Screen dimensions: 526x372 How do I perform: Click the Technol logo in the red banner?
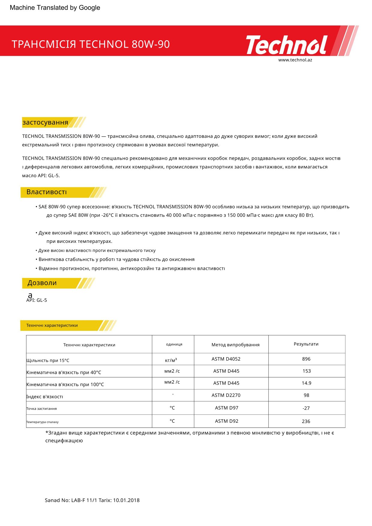[287, 45]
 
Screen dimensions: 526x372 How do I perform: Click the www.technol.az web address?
[295, 60]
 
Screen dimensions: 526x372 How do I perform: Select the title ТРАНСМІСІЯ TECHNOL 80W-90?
[91, 44]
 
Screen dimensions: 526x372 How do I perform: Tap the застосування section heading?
[45, 122]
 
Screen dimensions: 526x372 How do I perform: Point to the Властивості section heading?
[47, 192]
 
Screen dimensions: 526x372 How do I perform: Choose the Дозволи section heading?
[42, 283]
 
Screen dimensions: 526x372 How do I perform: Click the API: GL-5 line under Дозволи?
[37, 300]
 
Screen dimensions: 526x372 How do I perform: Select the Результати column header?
[306, 344]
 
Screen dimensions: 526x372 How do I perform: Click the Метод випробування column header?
[235, 345]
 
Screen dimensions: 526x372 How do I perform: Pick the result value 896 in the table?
[306, 359]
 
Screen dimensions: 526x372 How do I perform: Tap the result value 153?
[307, 371]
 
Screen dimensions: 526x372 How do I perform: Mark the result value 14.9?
[306, 383]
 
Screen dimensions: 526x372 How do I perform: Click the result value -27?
[306, 408]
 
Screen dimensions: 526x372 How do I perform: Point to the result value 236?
[306, 422]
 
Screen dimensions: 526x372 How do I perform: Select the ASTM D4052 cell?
[226, 359]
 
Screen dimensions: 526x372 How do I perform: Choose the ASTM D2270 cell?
[226, 395]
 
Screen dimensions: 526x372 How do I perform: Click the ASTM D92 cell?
[226, 421]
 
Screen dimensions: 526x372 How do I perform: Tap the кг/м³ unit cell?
[171, 360]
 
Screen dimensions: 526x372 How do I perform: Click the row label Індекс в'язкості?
[45, 397]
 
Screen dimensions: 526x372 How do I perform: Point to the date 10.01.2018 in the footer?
[126, 500]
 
